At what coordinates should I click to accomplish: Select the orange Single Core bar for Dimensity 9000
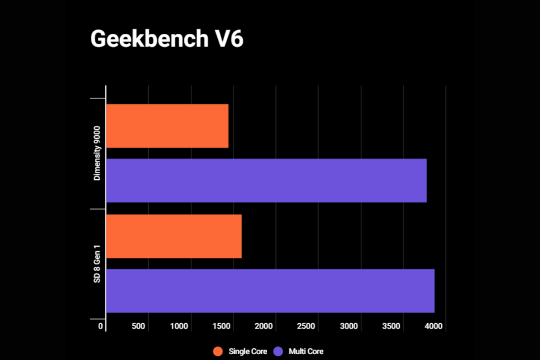pyautogui.click(x=167, y=126)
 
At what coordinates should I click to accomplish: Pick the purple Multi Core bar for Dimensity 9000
pyautogui.click(x=266, y=180)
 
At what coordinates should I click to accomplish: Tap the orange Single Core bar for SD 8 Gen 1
pyautogui.click(x=174, y=236)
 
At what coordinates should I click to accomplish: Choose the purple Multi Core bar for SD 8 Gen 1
pyautogui.click(x=270, y=291)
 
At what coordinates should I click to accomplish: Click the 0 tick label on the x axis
pyautogui.click(x=101, y=326)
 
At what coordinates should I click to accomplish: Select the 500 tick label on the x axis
pyautogui.click(x=138, y=326)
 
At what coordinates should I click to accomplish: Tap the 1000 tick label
pyautogui.click(x=179, y=326)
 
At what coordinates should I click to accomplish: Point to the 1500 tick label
pyautogui.click(x=221, y=326)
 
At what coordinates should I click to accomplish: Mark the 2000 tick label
pyautogui.click(x=264, y=326)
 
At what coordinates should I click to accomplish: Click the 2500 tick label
pyautogui.click(x=307, y=326)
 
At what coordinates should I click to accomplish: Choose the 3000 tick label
pyautogui.click(x=349, y=326)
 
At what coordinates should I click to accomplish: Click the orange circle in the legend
pyautogui.click(x=217, y=351)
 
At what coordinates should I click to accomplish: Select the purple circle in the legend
pyautogui.click(x=278, y=351)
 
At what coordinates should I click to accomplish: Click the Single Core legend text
pyautogui.click(x=247, y=351)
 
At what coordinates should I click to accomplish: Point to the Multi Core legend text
pyautogui.click(x=306, y=351)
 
